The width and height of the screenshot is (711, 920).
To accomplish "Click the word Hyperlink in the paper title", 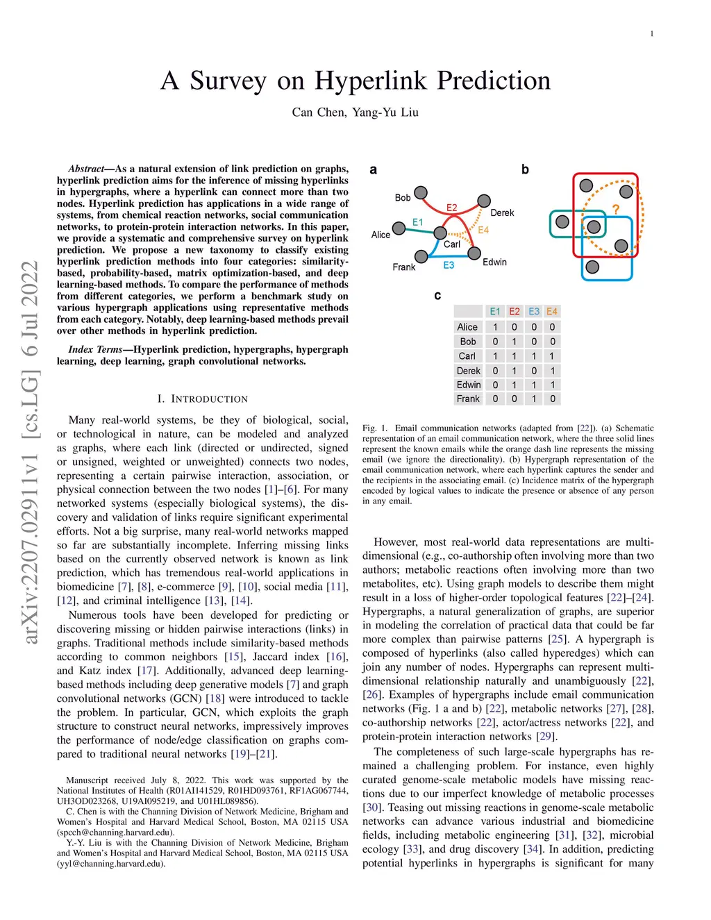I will tap(371, 81).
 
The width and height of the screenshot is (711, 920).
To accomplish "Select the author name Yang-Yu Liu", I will tap(385, 112).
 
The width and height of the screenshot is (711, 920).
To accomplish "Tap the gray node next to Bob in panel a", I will tap(421, 192).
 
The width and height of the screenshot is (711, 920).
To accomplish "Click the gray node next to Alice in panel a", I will tap(399, 228).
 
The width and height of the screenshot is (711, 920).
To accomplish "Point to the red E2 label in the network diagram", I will tap(451, 208).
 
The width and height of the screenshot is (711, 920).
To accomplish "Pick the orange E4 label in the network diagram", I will tap(483, 230).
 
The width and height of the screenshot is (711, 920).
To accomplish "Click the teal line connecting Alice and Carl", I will tap(418, 230).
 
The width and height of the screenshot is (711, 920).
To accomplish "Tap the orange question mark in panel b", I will tap(615, 209).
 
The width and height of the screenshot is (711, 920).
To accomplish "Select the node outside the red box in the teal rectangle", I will tap(562, 221).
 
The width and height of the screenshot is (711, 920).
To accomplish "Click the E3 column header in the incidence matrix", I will tap(534, 311).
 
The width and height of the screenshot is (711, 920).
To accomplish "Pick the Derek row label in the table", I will tap(468, 371).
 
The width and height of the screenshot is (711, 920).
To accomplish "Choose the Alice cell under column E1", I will tap(495, 327).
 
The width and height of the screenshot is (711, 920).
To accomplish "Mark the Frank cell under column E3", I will tap(534, 399).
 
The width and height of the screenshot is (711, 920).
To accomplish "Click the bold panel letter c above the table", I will tap(437, 296).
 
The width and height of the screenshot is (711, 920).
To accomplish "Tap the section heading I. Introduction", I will tap(203, 399).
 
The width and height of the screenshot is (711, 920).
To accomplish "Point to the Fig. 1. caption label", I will tap(375, 428).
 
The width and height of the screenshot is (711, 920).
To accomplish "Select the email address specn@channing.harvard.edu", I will tap(116, 832).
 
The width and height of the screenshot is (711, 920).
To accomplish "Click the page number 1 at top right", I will tap(651, 33).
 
